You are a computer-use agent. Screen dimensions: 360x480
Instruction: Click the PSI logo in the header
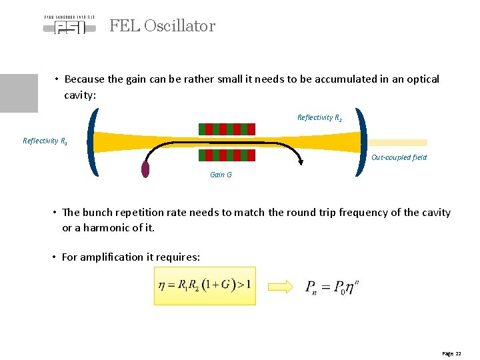click(69, 25)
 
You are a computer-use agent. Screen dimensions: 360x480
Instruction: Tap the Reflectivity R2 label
click(319, 118)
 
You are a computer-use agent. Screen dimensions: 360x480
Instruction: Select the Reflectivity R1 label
click(45, 141)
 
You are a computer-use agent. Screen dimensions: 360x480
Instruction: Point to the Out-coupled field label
click(399, 157)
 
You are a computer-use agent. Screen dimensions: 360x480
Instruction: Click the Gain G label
click(221, 175)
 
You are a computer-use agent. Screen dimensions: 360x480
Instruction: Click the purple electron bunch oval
click(145, 169)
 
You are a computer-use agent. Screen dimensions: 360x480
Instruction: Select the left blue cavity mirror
click(93, 143)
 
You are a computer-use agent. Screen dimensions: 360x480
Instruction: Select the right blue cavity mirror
click(362, 143)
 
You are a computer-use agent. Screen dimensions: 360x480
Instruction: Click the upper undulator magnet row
click(227, 129)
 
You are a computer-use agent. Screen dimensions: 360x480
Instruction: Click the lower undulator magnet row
click(227, 155)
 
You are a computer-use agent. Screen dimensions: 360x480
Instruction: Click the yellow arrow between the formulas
click(280, 287)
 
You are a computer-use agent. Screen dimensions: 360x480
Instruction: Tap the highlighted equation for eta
click(205, 286)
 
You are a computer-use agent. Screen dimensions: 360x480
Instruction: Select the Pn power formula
click(332, 287)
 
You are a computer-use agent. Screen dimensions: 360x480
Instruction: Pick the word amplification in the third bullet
click(111, 257)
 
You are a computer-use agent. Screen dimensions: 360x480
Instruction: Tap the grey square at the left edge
click(19, 93)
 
